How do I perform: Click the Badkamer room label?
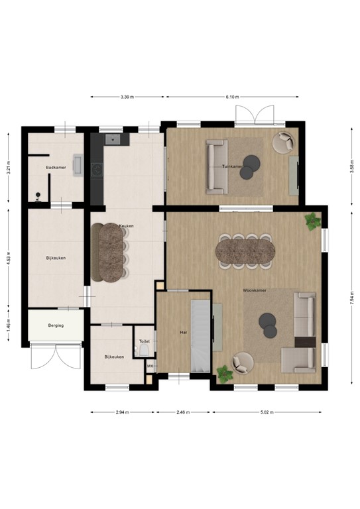54,168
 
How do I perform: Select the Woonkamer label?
254,290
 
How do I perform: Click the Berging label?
56,326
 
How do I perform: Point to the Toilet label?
144,341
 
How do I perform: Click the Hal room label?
184,332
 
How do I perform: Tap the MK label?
150,367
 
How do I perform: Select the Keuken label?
126,226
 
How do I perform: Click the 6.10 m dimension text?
232,97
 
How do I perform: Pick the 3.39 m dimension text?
127,97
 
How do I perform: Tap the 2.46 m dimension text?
184,412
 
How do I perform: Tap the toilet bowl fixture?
144,352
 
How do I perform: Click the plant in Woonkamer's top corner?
312,221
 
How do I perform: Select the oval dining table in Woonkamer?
245,251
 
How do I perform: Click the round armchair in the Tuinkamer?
285,142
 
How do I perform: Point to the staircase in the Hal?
200,338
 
